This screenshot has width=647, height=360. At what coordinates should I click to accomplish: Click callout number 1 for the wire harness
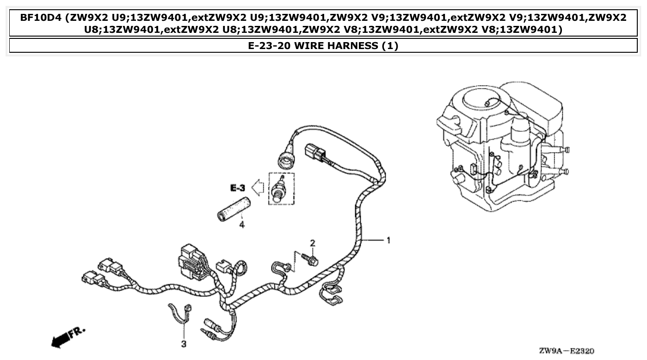click(x=388, y=240)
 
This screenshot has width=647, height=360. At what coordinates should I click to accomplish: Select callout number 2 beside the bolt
click(x=312, y=243)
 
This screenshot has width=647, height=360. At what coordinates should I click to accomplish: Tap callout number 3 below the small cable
click(x=184, y=344)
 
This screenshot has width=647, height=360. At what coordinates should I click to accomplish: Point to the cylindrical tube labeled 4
click(x=234, y=208)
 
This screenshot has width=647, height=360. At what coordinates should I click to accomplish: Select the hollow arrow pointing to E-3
click(x=257, y=188)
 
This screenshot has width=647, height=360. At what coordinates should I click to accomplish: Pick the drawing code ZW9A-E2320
click(x=566, y=351)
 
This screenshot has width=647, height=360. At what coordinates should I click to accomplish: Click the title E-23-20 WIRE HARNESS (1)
click(x=323, y=46)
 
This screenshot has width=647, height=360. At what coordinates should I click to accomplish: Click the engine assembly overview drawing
click(x=502, y=148)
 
